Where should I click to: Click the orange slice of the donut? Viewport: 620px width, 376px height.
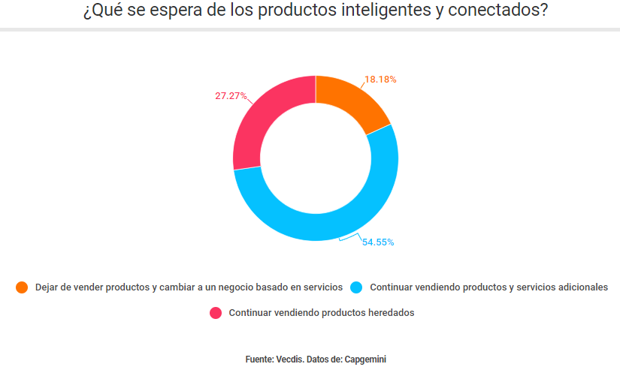(350, 104)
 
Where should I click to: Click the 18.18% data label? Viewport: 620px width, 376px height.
(380, 79)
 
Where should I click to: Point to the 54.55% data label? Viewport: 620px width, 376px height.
(378, 242)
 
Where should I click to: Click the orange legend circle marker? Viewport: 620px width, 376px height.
(22, 287)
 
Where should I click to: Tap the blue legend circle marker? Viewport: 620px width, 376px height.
(357, 287)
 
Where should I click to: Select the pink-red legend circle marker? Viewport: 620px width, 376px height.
(216, 313)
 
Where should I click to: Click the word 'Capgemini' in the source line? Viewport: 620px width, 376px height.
(367, 359)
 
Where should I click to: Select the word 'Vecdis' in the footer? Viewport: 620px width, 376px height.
(289, 359)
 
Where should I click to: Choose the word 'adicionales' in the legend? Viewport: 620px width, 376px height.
(581, 287)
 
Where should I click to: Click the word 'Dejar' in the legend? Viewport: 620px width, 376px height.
(47, 287)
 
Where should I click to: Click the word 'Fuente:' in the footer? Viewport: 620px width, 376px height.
(259, 359)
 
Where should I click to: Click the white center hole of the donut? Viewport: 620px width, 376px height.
(316, 158)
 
